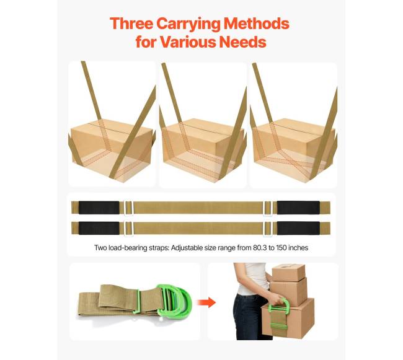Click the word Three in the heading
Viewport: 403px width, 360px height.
click(x=131, y=24)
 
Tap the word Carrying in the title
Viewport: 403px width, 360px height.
click(x=188, y=24)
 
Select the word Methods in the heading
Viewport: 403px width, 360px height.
click(x=257, y=24)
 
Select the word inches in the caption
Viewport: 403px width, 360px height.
click(x=299, y=248)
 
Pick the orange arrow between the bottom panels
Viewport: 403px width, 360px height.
click(x=206, y=302)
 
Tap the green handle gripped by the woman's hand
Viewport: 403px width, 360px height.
click(x=278, y=305)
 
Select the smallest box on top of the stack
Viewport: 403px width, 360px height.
click(x=288, y=273)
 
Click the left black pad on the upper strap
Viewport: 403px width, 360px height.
click(x=99, y=208)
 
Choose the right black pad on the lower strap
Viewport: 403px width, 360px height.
click(x=298, y=228)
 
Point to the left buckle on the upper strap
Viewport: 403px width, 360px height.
click(x=128, y=208)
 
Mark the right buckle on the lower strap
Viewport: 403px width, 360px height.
click(x=268, y=228)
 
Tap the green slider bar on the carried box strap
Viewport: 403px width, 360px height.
click(x=278, y=327)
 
